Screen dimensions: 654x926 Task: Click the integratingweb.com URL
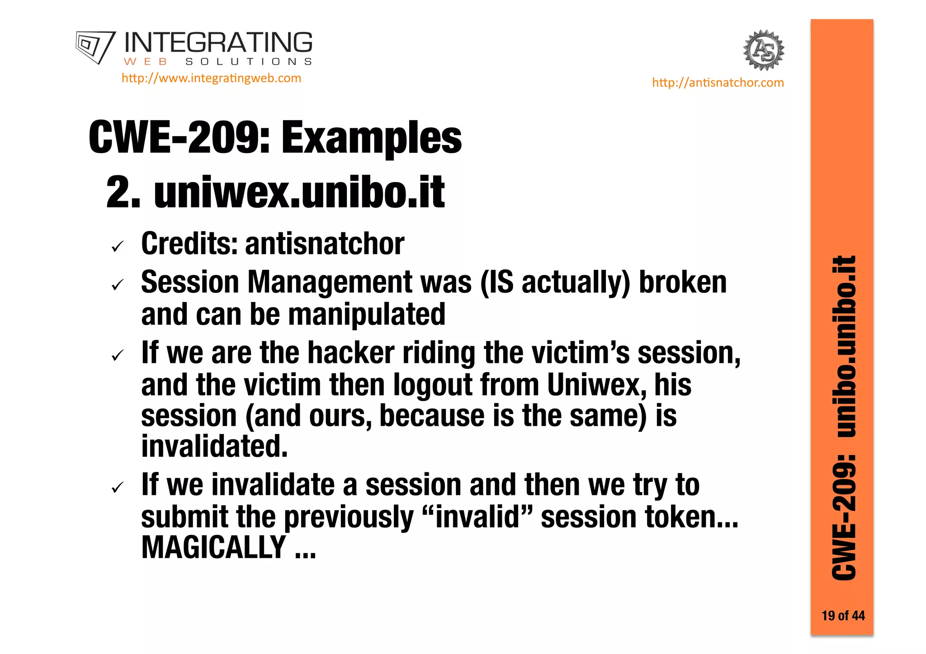[211, 78]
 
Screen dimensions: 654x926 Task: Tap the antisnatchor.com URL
[718, 83]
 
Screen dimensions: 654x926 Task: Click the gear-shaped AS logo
[763, 50]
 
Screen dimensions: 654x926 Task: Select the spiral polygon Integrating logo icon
[95, 47]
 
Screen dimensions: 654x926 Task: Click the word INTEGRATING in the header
[218, 43]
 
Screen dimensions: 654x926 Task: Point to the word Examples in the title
[371, 138]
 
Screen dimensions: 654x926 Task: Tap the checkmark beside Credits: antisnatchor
[118, 246]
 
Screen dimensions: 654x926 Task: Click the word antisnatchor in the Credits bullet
[324, 244]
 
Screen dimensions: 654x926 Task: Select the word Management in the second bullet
[329, 282]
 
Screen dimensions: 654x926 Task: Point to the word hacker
[351, 353]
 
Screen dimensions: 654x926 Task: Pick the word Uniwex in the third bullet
[592, 385]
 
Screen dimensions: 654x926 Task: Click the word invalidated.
[214, 446]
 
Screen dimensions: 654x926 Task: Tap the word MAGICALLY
[213, 548]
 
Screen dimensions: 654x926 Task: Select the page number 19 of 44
[843, 616]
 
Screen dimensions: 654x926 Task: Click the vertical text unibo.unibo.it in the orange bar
[844, 347]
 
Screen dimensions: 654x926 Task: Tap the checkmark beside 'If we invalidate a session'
[118, 488]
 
